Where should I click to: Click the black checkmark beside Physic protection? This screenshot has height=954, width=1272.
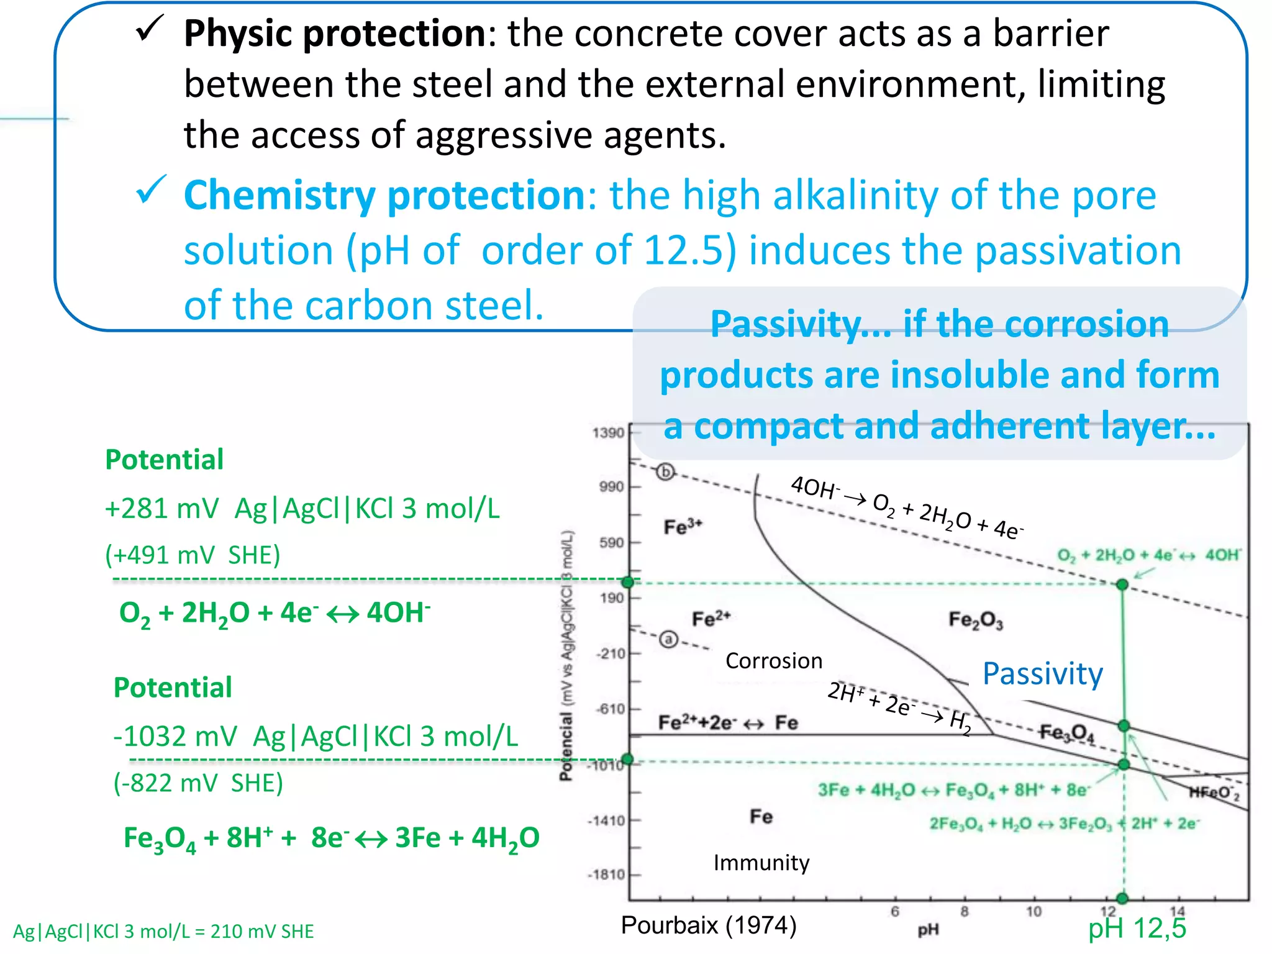click(x=149, y=29)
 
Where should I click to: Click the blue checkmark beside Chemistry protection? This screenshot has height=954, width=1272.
click(x=150, y=189)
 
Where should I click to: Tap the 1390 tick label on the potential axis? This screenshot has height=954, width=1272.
click(x=608, y=433)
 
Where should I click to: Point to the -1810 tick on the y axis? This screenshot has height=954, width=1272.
click(x=607, y=874)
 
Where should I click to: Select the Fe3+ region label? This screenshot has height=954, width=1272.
click(x=683, y=527)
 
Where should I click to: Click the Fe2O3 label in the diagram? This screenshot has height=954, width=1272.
click(x=975, y=620)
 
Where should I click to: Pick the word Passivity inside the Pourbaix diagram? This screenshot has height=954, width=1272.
click(x=1042, y=673)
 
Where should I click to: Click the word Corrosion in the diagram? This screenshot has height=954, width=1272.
click(x=773, y=661)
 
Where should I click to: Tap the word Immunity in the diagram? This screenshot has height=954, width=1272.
click(x=761, y=863)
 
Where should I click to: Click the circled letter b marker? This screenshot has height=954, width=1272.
click(x=665, y=472)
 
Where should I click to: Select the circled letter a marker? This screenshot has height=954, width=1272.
click(x=668, y=639)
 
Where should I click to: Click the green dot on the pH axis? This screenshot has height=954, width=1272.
click(x=1122, y=898)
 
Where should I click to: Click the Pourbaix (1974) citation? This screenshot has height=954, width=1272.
click(x=709, y=925)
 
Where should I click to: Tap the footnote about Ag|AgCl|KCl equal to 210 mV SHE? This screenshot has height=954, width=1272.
click(x=163, y=932)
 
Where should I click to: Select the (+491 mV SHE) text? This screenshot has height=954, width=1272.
click(x=193, y=555)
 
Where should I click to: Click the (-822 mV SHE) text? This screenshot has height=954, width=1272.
click(x=198, y=783)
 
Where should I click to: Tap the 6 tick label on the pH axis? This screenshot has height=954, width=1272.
click(x=895, y=912)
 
